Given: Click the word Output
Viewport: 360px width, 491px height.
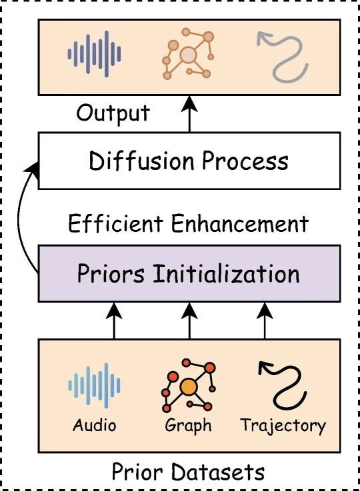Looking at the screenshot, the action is pyautogui.click(x=113, y=114).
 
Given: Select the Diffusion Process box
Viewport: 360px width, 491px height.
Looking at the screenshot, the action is pyautogui.click(x=189, y=161).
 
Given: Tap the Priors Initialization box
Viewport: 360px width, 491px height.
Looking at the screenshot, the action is pyautogui.click(x=189, y=274).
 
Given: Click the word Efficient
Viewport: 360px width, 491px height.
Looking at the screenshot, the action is pyautogui.click(x=115, y=223).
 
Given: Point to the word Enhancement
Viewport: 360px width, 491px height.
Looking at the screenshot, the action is pyautogui.click(x=240, y=224).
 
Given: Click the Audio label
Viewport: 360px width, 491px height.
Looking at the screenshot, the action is pyautogui.click(x=94, y=425).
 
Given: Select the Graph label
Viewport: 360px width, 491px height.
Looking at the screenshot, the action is pyautogui.click(x=188, y=426).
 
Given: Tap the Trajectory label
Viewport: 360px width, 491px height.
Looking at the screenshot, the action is pyautogui.click(x=283, y=426).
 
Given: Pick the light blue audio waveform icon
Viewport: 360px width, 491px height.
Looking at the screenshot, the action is pyautogui.click(x=94, y=386).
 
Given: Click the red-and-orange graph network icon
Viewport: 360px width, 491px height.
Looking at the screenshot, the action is pyautogui.click(x=189, y=386).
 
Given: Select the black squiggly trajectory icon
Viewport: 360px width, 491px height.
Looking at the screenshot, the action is pyautogui.click(x=283, y=385).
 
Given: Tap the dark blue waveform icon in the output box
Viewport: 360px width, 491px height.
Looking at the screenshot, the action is pyautogui.click(x=94, y=54).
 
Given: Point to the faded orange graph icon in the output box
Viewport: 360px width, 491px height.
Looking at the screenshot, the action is pyautogui.click(x=188, y=54).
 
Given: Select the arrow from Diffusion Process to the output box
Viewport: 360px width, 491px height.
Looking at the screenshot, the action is pyautogui.click(x=189, y=114).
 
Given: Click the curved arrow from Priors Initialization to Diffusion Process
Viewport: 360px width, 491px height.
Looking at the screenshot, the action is pyautogui.click(x=19, y=216).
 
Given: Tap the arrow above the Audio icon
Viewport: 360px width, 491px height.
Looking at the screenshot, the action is pyautogui.click(x=114, y=320).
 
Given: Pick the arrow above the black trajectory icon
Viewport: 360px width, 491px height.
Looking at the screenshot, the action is pyautogui.click(x=265, y=320).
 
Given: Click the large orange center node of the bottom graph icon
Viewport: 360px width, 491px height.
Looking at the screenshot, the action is pyautogui.click(x=189, y=387).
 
